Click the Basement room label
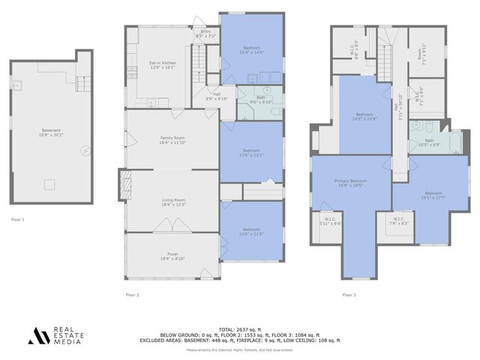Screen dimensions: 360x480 pos(51,133)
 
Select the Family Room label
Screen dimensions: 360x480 pos(172,139)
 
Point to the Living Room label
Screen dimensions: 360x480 pos(173,202)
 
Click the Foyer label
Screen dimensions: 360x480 pos(172,257)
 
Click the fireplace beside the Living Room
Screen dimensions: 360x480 pos(122,184)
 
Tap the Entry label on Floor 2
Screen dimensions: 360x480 pos(205,34)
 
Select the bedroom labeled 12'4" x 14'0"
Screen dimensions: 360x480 pos(252,50)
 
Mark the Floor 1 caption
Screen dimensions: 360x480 pos(18,220)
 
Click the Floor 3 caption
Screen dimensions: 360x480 pos(349,295)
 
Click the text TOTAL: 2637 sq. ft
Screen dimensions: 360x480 pos(239,329)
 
